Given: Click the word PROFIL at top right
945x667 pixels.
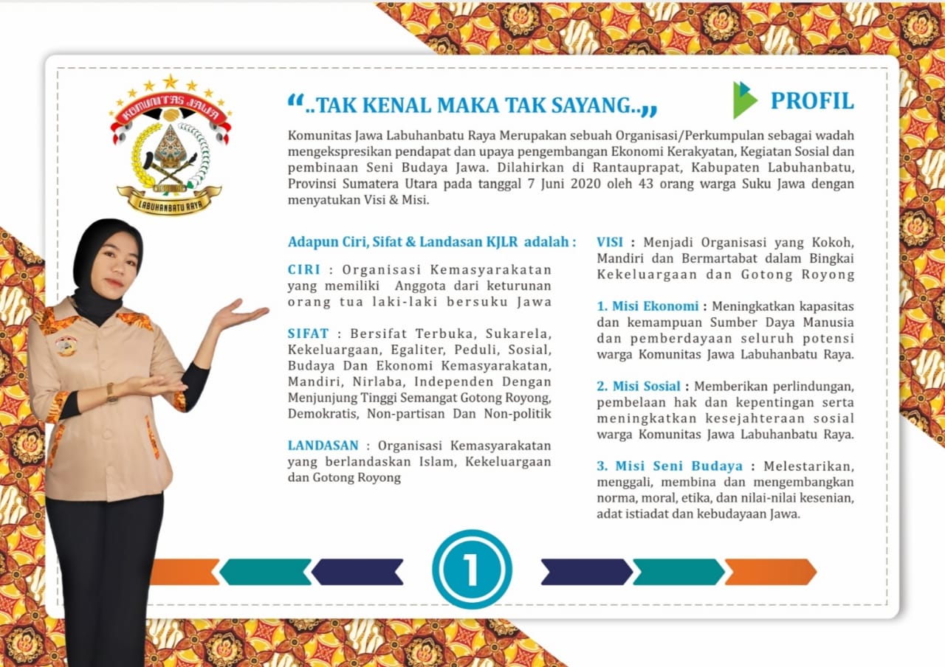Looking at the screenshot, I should click(x=812, y=100).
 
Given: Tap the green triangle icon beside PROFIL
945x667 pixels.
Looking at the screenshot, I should click(x=744, y=100).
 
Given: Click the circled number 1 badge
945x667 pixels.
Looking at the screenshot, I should click(x=472, y=569).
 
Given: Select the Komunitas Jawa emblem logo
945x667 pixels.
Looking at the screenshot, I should click(x=171, y=144).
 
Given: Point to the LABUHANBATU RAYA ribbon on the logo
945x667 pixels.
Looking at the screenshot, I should click(x=170, y=199).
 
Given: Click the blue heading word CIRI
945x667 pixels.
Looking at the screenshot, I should click(x=303, y=270).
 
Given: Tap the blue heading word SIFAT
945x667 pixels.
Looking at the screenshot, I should click(x=308, y=333).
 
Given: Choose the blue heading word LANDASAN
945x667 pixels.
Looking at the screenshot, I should click(x=323, y=445).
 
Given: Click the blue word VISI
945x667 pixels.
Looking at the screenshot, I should click(x=610, y=242).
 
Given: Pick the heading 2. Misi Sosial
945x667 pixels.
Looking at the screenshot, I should click(x=639, y=386).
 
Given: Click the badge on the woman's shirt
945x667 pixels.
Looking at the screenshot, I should click(x=66, y=345).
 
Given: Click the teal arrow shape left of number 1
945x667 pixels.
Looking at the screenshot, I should click(x=266, y=572).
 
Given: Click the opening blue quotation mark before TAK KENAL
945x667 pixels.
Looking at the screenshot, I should click(x=295, y=102).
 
